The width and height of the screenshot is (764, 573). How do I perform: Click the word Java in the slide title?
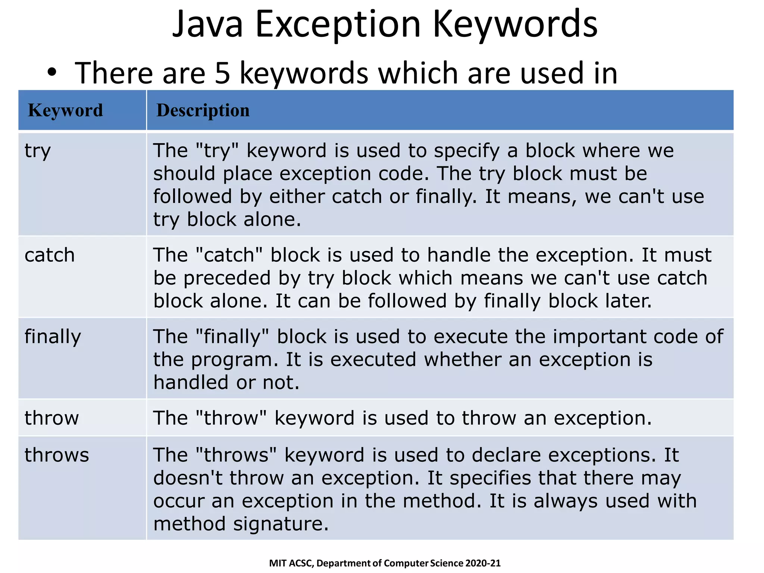click(207, 25)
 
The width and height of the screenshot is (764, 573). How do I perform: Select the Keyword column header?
click(65, 110)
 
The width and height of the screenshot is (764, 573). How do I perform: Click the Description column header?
click(203, 110)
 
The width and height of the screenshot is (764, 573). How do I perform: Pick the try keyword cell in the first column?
click(38, 151)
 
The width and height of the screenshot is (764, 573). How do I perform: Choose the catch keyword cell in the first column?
click(50, 256)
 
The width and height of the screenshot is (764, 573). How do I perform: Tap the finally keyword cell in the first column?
click(53, 337)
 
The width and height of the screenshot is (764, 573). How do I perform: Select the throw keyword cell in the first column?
click(52, 418)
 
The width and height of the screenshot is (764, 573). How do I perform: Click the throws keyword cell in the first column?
click(57, 455)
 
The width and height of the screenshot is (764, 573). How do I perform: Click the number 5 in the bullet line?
click(222, 73)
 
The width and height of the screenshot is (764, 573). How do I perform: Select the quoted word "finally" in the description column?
click(232, 337)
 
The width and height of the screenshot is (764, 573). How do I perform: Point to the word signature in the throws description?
click(281, 524)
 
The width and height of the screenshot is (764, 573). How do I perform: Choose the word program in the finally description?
click(234, 360)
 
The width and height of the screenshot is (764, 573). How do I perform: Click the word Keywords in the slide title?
click(515, 25)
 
